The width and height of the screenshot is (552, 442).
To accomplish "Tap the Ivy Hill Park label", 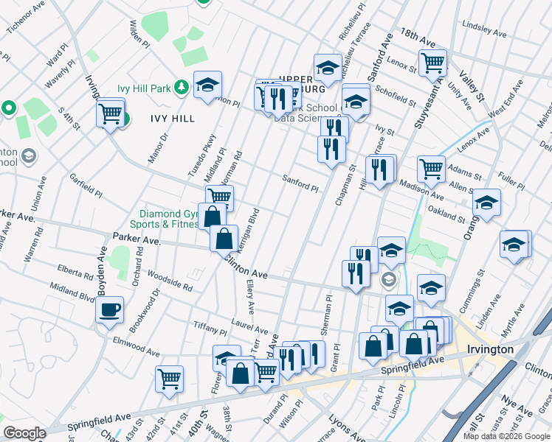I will coord(144,89).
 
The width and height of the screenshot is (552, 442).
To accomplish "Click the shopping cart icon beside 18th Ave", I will coord(432,62).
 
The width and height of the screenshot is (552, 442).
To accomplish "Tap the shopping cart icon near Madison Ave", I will coord(431,168).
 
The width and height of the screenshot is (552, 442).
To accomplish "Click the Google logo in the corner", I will coord(24,433).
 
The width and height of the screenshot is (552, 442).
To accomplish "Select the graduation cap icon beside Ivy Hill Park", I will coord(208,85).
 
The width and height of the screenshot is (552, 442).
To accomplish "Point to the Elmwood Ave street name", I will coord(137,347).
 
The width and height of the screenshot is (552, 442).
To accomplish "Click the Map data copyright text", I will coord(506,436).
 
